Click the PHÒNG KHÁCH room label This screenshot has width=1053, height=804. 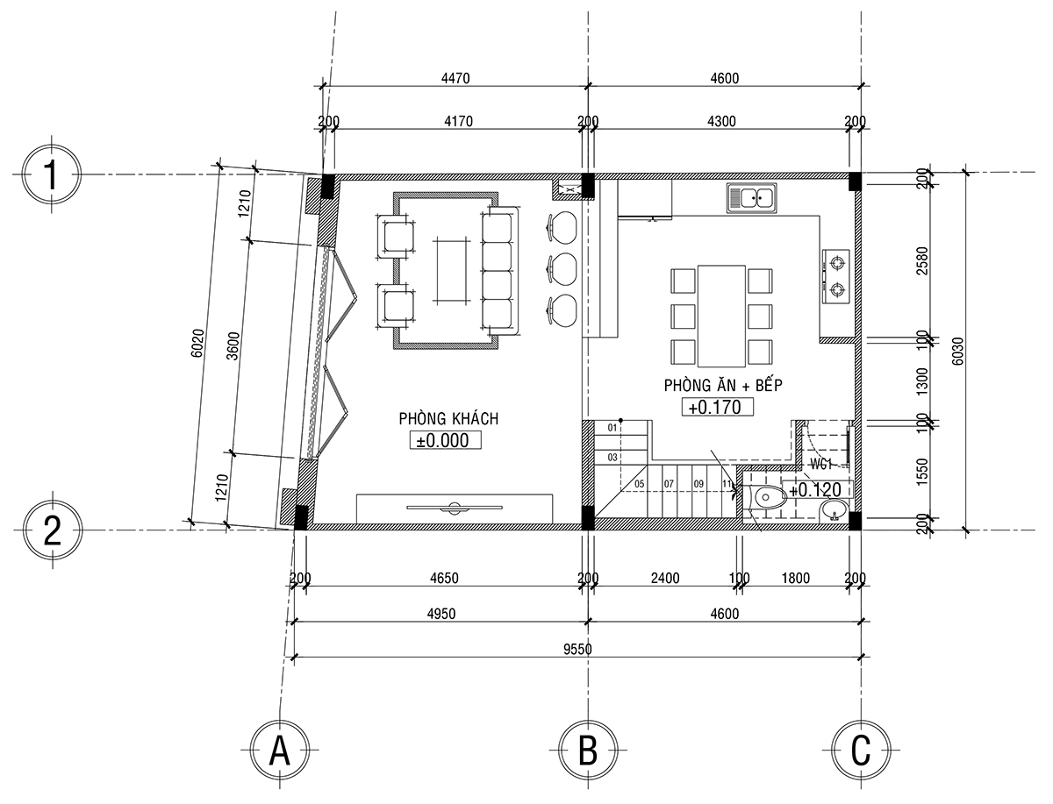(x=448, y=418)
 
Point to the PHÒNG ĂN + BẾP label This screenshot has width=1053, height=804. (x=723, y=385)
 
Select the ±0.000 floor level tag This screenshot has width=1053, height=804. (x=445, y=440)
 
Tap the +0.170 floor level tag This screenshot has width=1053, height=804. (x=718, y=407)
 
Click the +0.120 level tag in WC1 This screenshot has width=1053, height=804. (x=818, y=490)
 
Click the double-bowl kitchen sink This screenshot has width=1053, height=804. (x=751, y=197)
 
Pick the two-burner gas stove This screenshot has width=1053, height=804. (x=836, y=276)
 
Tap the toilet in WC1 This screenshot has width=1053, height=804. (x=769, y=498)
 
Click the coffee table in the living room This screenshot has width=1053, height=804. (x=451, y=271)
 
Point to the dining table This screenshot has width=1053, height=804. (x=721, y=316)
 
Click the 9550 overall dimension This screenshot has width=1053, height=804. (x=577, y=649)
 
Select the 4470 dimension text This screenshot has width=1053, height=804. (x=455, y=78)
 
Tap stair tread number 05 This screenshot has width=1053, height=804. (x=640, y=484)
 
